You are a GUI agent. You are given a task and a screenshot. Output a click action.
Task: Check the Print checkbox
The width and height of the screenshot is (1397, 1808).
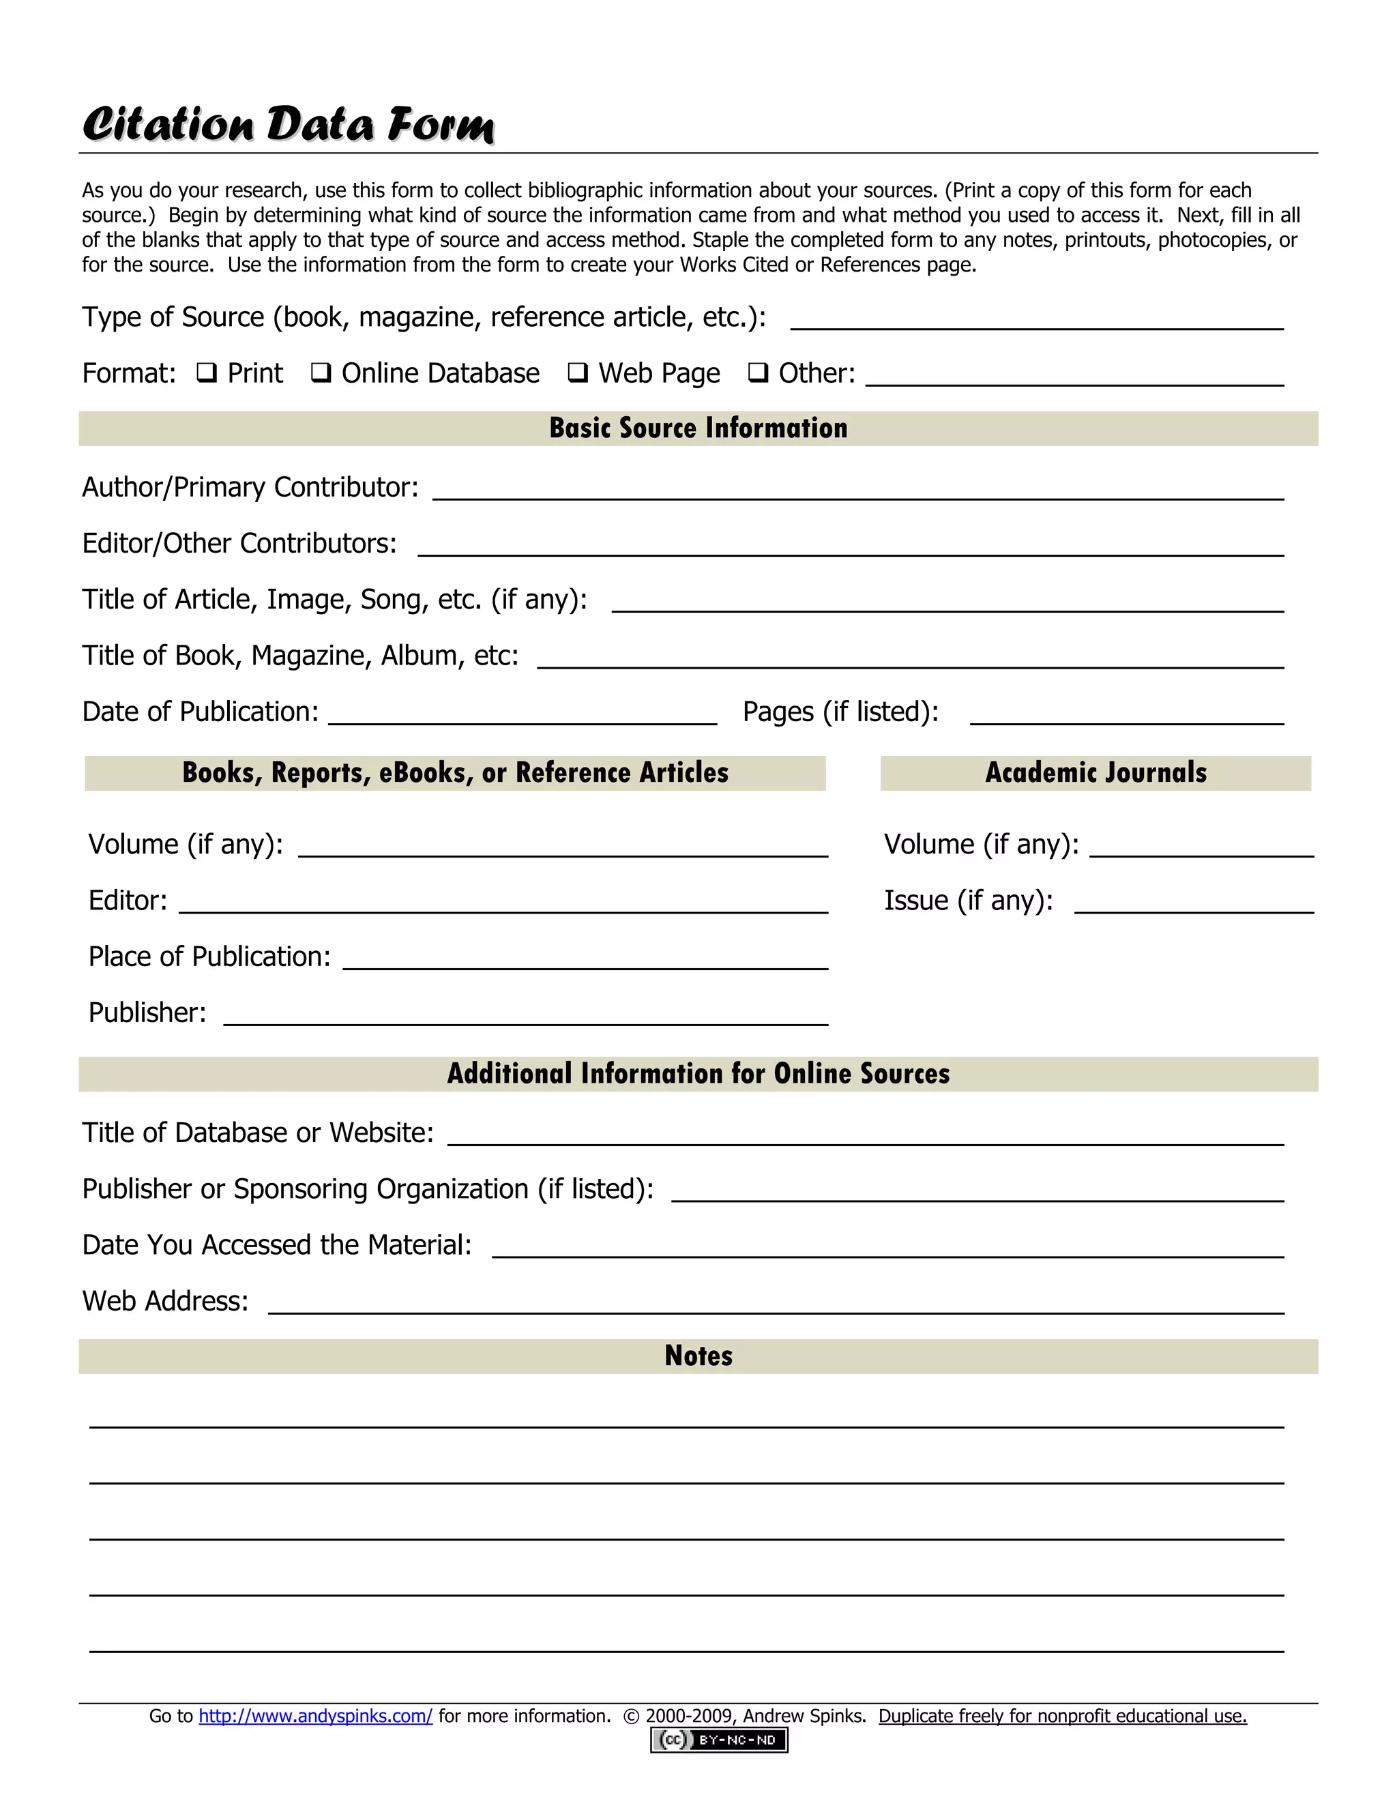[206, 373]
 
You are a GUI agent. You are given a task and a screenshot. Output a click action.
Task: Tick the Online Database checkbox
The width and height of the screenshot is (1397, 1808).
[321, 373]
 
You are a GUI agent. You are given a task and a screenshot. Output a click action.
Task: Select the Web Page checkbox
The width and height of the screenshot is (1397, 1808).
[578, 373]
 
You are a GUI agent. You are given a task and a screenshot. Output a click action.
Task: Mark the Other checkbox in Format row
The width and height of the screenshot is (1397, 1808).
[757, 373]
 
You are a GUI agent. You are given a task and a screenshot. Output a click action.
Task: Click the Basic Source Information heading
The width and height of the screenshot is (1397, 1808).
[698, 428]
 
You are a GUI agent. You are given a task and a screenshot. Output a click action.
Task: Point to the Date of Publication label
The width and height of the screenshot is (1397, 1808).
[201, 712]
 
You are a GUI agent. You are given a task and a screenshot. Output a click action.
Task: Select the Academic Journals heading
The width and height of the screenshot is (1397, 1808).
[1095, 772]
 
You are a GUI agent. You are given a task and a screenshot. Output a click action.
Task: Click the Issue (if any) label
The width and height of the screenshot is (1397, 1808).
[969, 900]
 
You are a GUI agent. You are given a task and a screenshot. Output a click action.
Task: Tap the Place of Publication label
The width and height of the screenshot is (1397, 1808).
[209, 957]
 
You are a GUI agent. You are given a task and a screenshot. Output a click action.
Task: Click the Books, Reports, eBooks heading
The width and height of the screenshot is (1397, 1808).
[455, 772]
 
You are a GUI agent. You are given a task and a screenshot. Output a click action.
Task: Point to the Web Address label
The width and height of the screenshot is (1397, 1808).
[166, 1301]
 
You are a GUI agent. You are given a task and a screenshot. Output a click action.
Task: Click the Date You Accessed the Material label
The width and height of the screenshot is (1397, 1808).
[276, 1245]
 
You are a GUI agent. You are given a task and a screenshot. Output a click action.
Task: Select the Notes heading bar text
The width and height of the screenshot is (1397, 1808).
[698, 1356]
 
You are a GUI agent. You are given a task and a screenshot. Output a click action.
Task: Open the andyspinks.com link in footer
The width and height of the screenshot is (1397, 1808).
[315, 1716]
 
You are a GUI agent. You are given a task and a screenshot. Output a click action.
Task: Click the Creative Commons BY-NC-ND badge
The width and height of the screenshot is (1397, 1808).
[718, 1740]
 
